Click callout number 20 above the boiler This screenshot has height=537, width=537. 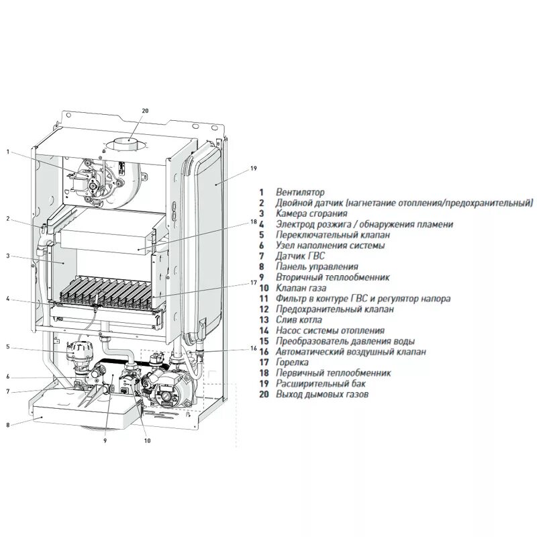[145, 111]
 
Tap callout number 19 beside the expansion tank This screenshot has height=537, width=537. [254, 168]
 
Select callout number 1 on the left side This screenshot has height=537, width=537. [8, 152]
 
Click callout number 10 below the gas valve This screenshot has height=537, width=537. [147, 441]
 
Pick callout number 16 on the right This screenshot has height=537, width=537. [254, 348]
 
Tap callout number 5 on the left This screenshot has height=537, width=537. [7, 346]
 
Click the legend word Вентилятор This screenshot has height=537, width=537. [300, 192]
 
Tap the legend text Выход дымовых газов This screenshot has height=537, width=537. [322, 394]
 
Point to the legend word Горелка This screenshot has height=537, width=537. [292, 362]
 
